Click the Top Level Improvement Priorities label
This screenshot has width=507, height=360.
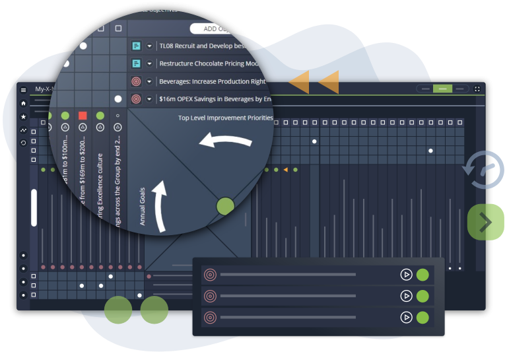(225, 118)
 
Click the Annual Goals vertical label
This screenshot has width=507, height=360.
(143, 206)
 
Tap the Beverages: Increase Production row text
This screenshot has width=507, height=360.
(212, 82)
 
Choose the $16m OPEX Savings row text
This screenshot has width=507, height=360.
(215, 99)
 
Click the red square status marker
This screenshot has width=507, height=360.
(83, 116)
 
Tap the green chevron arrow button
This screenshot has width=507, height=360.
(485, 222)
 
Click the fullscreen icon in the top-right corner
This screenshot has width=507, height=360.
(478, 89)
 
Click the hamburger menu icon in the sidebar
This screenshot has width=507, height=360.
(24, 90)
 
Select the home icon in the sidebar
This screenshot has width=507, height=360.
(24, 104)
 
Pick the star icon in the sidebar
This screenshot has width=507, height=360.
(24, 117)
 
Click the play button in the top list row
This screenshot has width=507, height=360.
(406, 274)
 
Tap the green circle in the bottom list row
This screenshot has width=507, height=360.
(422, 317)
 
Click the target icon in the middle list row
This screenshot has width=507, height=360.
(210, 296)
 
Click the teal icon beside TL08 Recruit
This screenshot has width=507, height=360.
(136, 46)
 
